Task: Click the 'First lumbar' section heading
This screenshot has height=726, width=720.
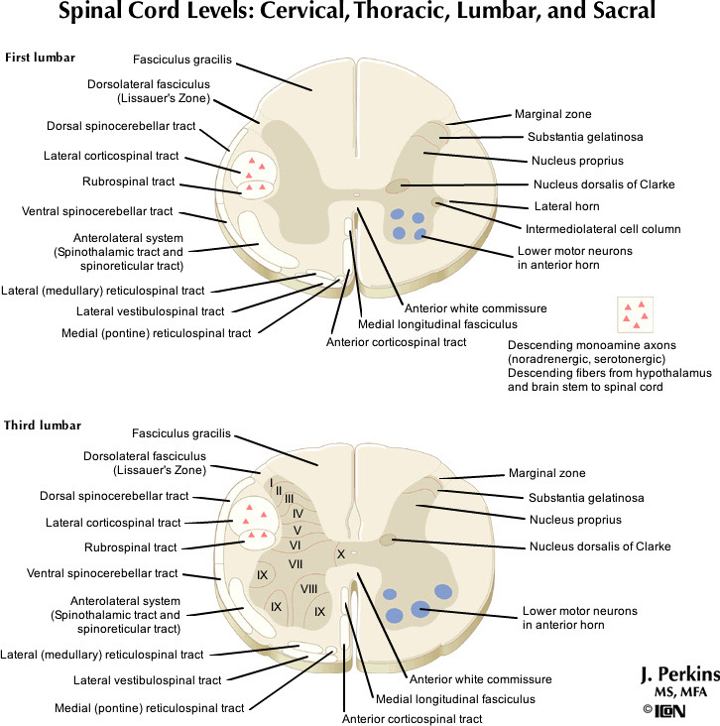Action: [40, 58]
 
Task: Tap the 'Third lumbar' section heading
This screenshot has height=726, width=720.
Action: [43, 425]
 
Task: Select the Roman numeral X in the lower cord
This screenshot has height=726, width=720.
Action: [340, 553]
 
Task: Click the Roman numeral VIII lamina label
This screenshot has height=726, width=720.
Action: [308, 589]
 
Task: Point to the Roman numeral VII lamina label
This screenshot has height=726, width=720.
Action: [296, 563]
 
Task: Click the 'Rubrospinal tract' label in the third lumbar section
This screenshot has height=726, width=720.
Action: [130, 547]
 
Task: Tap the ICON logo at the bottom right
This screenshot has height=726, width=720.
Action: [685, 710]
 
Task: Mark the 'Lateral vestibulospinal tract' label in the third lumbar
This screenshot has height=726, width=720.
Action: [148, 680]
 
